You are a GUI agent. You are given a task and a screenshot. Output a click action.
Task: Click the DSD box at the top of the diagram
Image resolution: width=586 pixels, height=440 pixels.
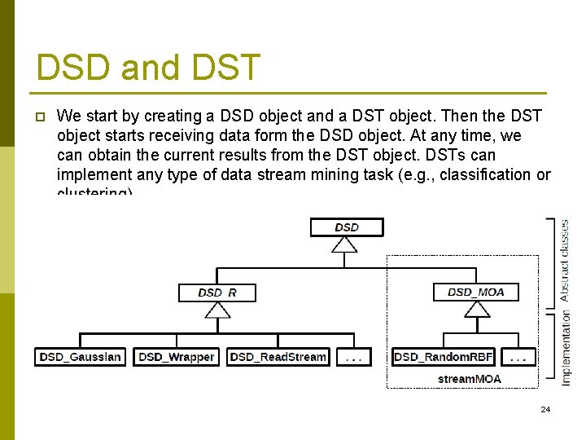[346, 227]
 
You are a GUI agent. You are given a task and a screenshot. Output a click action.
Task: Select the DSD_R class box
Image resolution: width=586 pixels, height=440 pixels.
[216, 292]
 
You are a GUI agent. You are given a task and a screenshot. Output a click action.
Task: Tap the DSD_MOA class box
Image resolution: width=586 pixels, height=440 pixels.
[476, 292]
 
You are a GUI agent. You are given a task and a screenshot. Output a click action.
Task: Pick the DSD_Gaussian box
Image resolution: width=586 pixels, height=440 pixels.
[80, 357]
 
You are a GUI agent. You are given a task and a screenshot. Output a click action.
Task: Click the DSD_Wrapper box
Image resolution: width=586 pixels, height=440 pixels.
[177, 357]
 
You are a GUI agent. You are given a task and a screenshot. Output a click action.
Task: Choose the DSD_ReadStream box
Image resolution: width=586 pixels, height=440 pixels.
[278, 357]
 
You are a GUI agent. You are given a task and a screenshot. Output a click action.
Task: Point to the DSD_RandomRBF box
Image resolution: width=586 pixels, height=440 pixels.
[443, 357]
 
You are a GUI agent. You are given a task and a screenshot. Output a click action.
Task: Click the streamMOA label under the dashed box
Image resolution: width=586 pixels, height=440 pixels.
[469, 379]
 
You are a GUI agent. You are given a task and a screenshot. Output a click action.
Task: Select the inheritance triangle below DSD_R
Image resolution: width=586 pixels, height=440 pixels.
[216, 309]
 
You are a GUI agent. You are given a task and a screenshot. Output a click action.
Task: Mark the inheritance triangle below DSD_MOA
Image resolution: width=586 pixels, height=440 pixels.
[476, 309]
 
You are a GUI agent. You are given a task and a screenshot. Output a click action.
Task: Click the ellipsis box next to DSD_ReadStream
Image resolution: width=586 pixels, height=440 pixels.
[353, 357]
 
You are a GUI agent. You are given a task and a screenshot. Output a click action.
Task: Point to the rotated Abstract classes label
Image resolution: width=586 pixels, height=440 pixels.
[565, 260]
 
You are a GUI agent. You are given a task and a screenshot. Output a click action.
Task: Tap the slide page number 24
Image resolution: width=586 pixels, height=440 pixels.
[545, 409]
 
